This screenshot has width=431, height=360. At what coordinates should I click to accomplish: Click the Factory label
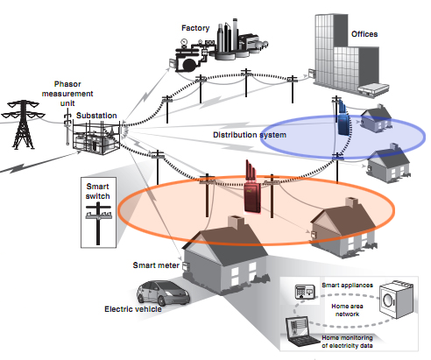click(195, 28)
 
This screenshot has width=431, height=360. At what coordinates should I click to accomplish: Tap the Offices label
click(364, 34)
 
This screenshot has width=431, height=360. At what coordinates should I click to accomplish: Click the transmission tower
click(23, 124)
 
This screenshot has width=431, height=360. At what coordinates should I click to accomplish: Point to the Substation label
click(96, 116)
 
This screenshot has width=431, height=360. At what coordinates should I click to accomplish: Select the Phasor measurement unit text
click(67, 94)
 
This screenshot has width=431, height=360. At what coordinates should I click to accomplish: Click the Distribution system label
click(250, 135)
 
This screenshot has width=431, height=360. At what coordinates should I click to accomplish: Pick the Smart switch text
click(97, 191)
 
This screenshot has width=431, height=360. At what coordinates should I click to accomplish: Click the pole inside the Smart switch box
click(98, 223)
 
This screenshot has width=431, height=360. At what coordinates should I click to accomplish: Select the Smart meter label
click(156, 265)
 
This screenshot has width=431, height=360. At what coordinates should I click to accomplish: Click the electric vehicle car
click(163, 293)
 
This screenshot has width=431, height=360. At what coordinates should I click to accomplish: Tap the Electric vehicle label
click(133, 309)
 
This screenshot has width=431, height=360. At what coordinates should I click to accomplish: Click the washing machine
click(396, 300)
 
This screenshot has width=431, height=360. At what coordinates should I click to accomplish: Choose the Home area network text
click(347, 310)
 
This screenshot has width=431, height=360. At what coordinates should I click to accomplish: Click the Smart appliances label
click(347, 285)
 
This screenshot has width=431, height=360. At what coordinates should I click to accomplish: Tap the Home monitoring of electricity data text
click(347, 342)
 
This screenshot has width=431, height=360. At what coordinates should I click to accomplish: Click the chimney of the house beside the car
click(236, 223)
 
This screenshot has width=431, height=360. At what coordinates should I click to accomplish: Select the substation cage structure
click(96, 138)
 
